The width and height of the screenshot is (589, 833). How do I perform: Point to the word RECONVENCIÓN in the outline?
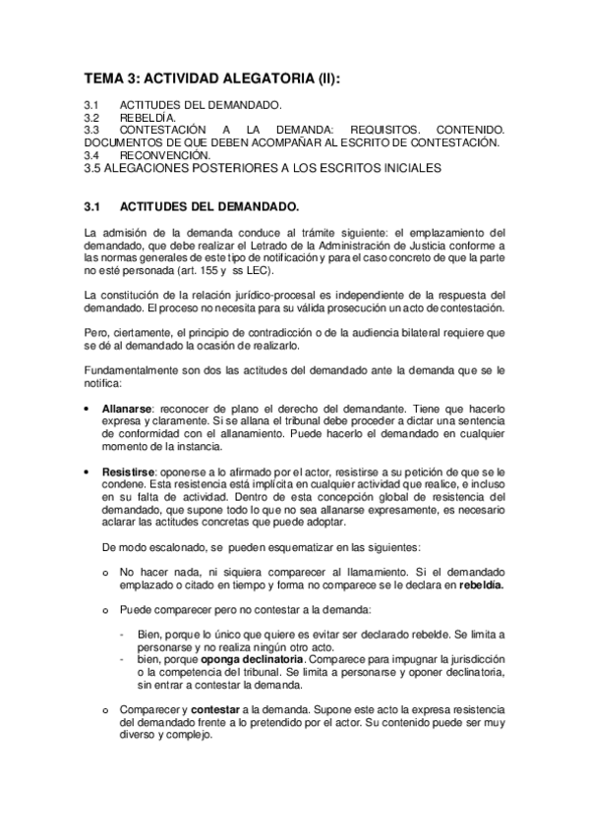coord(164,155)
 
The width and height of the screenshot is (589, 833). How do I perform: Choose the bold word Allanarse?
coord(125,406)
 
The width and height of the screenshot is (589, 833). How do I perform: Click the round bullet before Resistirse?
coord(89,472)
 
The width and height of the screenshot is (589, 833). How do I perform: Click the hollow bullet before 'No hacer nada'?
coord(105,571)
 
